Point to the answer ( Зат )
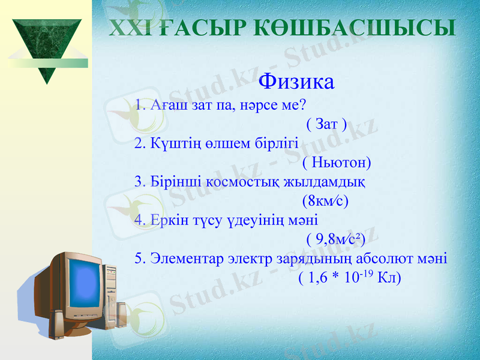click(326, 125)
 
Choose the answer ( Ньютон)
click(337, 163)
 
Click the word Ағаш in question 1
click(163, 106)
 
